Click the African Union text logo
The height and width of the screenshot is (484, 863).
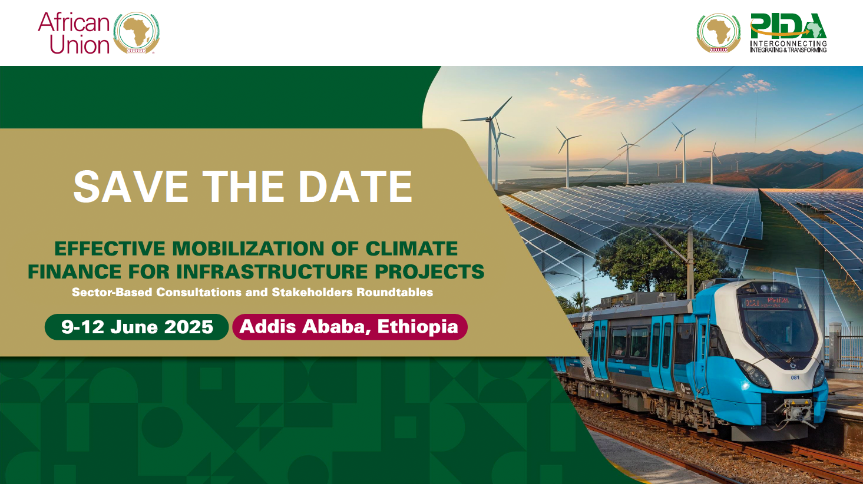click(74, 33)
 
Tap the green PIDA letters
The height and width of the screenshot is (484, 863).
click(788, 26)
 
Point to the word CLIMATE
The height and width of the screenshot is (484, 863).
click(411, 248)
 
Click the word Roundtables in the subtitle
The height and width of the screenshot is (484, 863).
click(395, 292)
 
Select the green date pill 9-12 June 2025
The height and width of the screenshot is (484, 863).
click(137, 327)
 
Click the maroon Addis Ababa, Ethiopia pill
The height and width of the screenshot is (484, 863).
click(350, 327)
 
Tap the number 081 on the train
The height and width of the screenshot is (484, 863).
click(795, 377)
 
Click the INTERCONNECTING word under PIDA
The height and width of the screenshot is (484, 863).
click(788, 44)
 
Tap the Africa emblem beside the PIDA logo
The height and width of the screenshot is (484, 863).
click(719, 33)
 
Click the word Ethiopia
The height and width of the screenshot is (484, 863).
click(418, 327)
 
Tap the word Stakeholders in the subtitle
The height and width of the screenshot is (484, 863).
click(312, 292)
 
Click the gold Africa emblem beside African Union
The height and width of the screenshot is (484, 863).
click(137, 33)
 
